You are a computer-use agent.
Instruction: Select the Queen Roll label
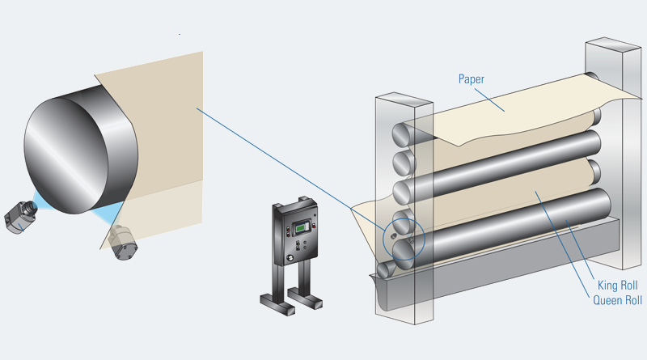coord(616,300)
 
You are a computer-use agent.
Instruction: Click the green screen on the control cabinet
coord(301,227)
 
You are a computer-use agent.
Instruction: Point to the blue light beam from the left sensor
coord(40,198)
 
